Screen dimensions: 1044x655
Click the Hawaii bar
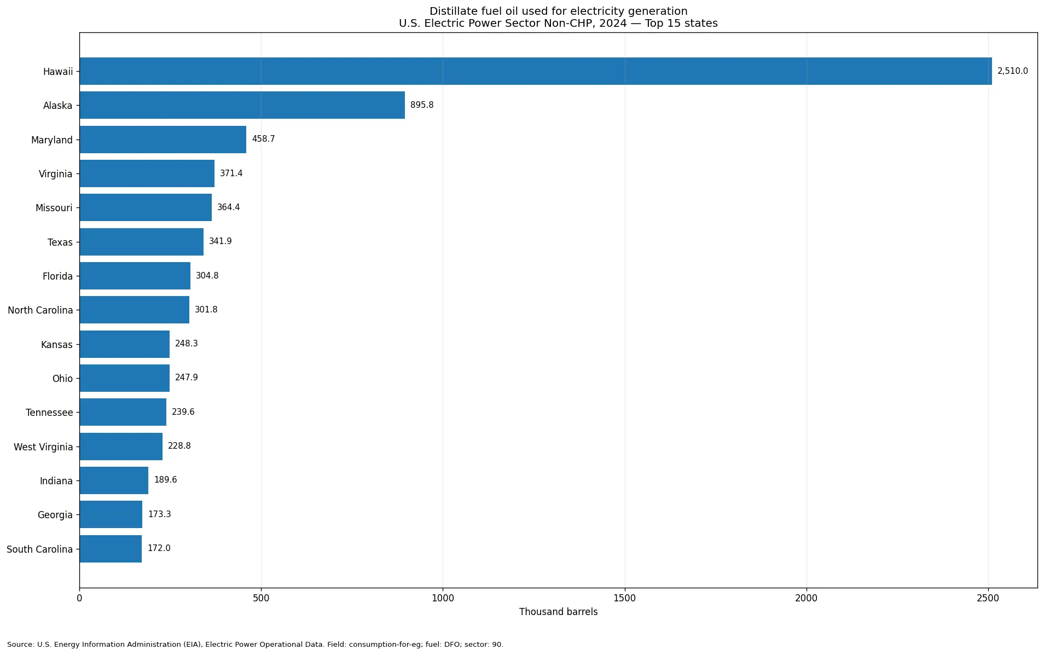coord(536,71)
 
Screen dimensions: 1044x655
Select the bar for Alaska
coord(242,105)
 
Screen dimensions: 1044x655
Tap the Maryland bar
coord(163,140)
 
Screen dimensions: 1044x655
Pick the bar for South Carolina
coord(111,549)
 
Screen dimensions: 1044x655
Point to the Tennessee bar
coord(123,412)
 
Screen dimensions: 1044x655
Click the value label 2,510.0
coord(1012,71)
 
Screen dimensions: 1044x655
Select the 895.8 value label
coord(422,105)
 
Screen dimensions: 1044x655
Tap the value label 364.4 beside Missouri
coord(229,207)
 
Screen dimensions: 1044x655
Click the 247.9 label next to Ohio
coord(187,378)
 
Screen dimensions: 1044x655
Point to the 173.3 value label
coord(160,514)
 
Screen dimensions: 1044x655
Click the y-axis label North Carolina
coord(40,310)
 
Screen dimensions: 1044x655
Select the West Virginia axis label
coord(43,447)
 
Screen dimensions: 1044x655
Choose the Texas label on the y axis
coord(60,242)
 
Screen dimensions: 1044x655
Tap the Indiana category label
coord(56,481)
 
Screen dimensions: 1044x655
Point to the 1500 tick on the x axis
coord(625,598)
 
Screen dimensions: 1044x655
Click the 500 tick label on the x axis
coord(261,598)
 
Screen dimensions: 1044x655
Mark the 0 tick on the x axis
coord(80,598)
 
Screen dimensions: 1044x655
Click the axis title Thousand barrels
coord(558,612)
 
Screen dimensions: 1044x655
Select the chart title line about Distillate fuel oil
coord(558,11)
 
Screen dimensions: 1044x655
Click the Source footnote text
coord(255,645)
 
